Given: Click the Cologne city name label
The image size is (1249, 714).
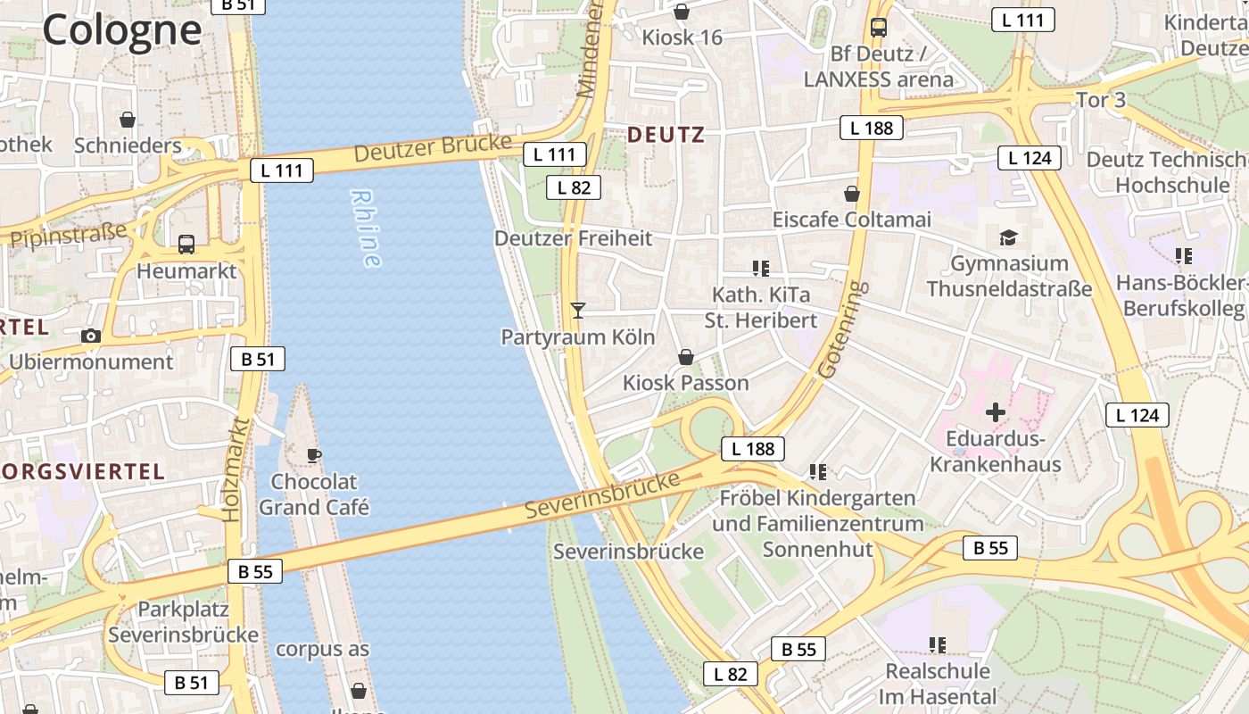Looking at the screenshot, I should [x=122, y=29].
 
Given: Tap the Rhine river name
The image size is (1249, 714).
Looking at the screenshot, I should [x=366, y=228].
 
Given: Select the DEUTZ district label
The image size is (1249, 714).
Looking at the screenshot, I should [x=666, y=135].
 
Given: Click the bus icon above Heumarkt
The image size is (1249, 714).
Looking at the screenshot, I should [x=186, y=244].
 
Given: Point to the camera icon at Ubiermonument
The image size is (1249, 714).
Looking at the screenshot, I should [x=90, y=336].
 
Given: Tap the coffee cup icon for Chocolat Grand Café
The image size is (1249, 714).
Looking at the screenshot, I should [x=314, y=455].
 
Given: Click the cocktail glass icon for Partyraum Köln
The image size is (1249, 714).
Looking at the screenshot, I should [x=578, y=311].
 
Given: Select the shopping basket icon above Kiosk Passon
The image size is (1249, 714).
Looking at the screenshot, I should [x=686, y=357].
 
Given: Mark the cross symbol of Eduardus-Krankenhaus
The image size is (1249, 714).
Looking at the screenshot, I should [x=996, y=412].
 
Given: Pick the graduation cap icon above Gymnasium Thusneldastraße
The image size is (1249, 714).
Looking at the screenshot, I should [x=1008, y=237].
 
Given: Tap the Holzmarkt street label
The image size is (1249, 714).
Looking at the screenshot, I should [x=233, y=469].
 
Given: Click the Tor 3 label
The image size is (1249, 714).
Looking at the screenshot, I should [x=1101, y=100].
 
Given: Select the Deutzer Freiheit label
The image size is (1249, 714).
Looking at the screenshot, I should [x=573, y=238].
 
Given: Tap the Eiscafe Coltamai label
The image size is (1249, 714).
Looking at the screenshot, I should [x=851, y=220].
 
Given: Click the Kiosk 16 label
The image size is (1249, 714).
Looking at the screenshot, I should [x=682, y=37].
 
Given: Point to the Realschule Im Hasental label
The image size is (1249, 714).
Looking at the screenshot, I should [x=937, y=684].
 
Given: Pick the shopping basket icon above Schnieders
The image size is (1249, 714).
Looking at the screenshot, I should [x=128, y=120].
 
